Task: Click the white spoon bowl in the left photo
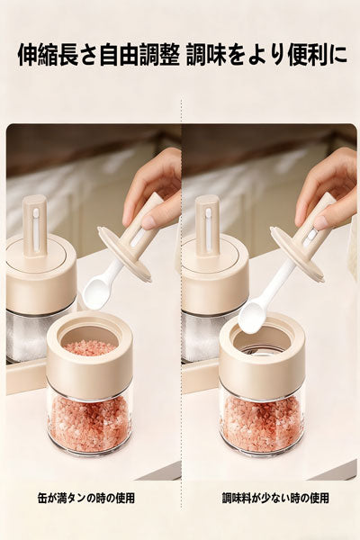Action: pos(98,293)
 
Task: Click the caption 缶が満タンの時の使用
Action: pos(85,498)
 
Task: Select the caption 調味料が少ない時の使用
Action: pos(274,498)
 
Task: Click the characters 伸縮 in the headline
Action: pos(38,55)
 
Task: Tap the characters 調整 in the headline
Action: pos(159,55)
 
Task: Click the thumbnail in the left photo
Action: pos(150,221)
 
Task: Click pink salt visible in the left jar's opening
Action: pos(90,346)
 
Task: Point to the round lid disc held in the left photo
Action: pos(125,254)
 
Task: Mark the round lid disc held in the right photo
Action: pos(297,254)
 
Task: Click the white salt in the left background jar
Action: pos(26,337)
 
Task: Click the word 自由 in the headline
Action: pos(119,55)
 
